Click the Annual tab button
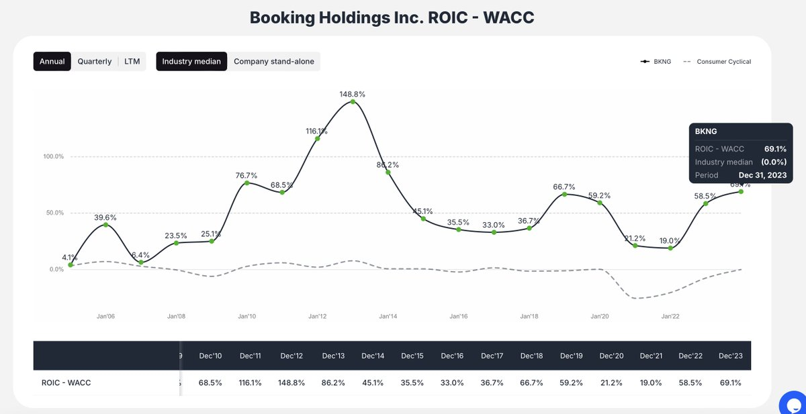coord(52,62)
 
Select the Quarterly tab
coord(95,62)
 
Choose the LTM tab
coord(132,62)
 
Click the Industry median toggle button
coord(191,62)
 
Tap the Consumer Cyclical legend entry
coord(717,62)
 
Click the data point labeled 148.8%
coord(353,101)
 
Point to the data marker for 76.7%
coord(247,183)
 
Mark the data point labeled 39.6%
coord(105,225)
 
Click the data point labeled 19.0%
coord(670,248)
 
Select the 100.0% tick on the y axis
coord(54,156)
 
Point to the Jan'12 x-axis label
coord(318,316)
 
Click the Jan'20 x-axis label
coord(600,316)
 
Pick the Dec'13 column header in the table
coord(332,355)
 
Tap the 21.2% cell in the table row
coord(611,382)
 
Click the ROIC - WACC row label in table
coord(66,382)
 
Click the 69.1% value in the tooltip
coord(775,149)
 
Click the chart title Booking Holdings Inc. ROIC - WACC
coord(392,17)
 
